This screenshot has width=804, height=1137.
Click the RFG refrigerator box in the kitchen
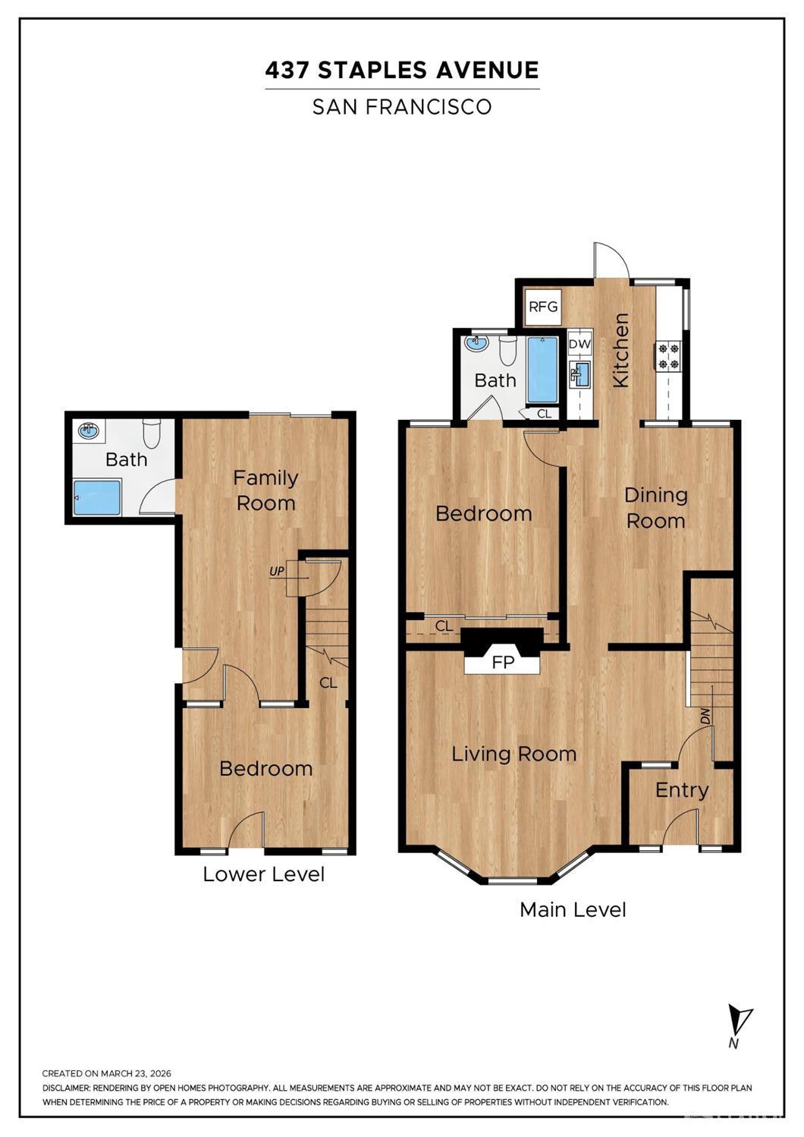click(543, 307)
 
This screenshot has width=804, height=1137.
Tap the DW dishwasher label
click(579, 344)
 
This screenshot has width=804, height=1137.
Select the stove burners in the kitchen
click(669, 356)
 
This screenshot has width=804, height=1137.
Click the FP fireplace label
click(503, 662)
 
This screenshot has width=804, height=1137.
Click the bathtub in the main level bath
click(542, 370)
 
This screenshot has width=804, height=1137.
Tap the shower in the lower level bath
click(97, 497)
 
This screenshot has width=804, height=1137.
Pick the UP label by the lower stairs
click(277, 570)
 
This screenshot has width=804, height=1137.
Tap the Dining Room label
click(655, 508)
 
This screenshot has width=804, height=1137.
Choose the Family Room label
click(265, 490)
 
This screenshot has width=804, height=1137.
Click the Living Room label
click(513, 754)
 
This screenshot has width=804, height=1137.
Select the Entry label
click(681, 790)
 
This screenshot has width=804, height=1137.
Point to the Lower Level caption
click(263, 874)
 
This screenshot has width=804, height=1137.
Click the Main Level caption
click(573, 909)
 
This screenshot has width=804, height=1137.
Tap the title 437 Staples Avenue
click(402, 71)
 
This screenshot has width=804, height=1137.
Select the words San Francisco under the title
click(402, 107)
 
